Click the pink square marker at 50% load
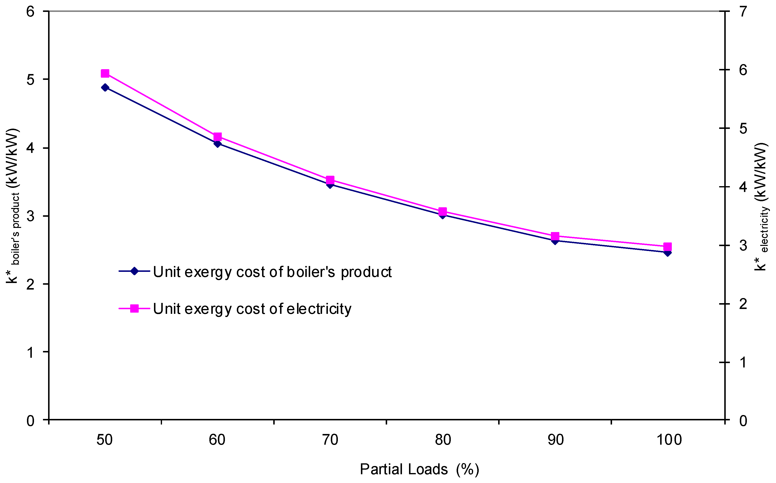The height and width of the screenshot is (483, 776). [x=105, y=74]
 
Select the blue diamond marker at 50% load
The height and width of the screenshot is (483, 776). [x=105, y=88]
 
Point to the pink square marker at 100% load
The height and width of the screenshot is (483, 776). [x=668, y=247]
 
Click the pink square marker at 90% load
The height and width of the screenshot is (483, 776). [x=555, y=236]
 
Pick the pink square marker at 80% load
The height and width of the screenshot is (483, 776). [x=443, y=211]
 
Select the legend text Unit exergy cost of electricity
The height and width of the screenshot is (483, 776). [x=252, y=309]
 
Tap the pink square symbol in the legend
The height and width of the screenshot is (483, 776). [x=135, y=308]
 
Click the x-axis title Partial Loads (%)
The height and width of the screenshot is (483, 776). [x=419, y=469]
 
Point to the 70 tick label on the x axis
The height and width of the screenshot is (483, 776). [x=330, y=440]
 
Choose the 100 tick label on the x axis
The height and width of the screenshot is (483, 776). [x=669, y=440]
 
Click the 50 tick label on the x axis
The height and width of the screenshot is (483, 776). [x=104, y=440]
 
